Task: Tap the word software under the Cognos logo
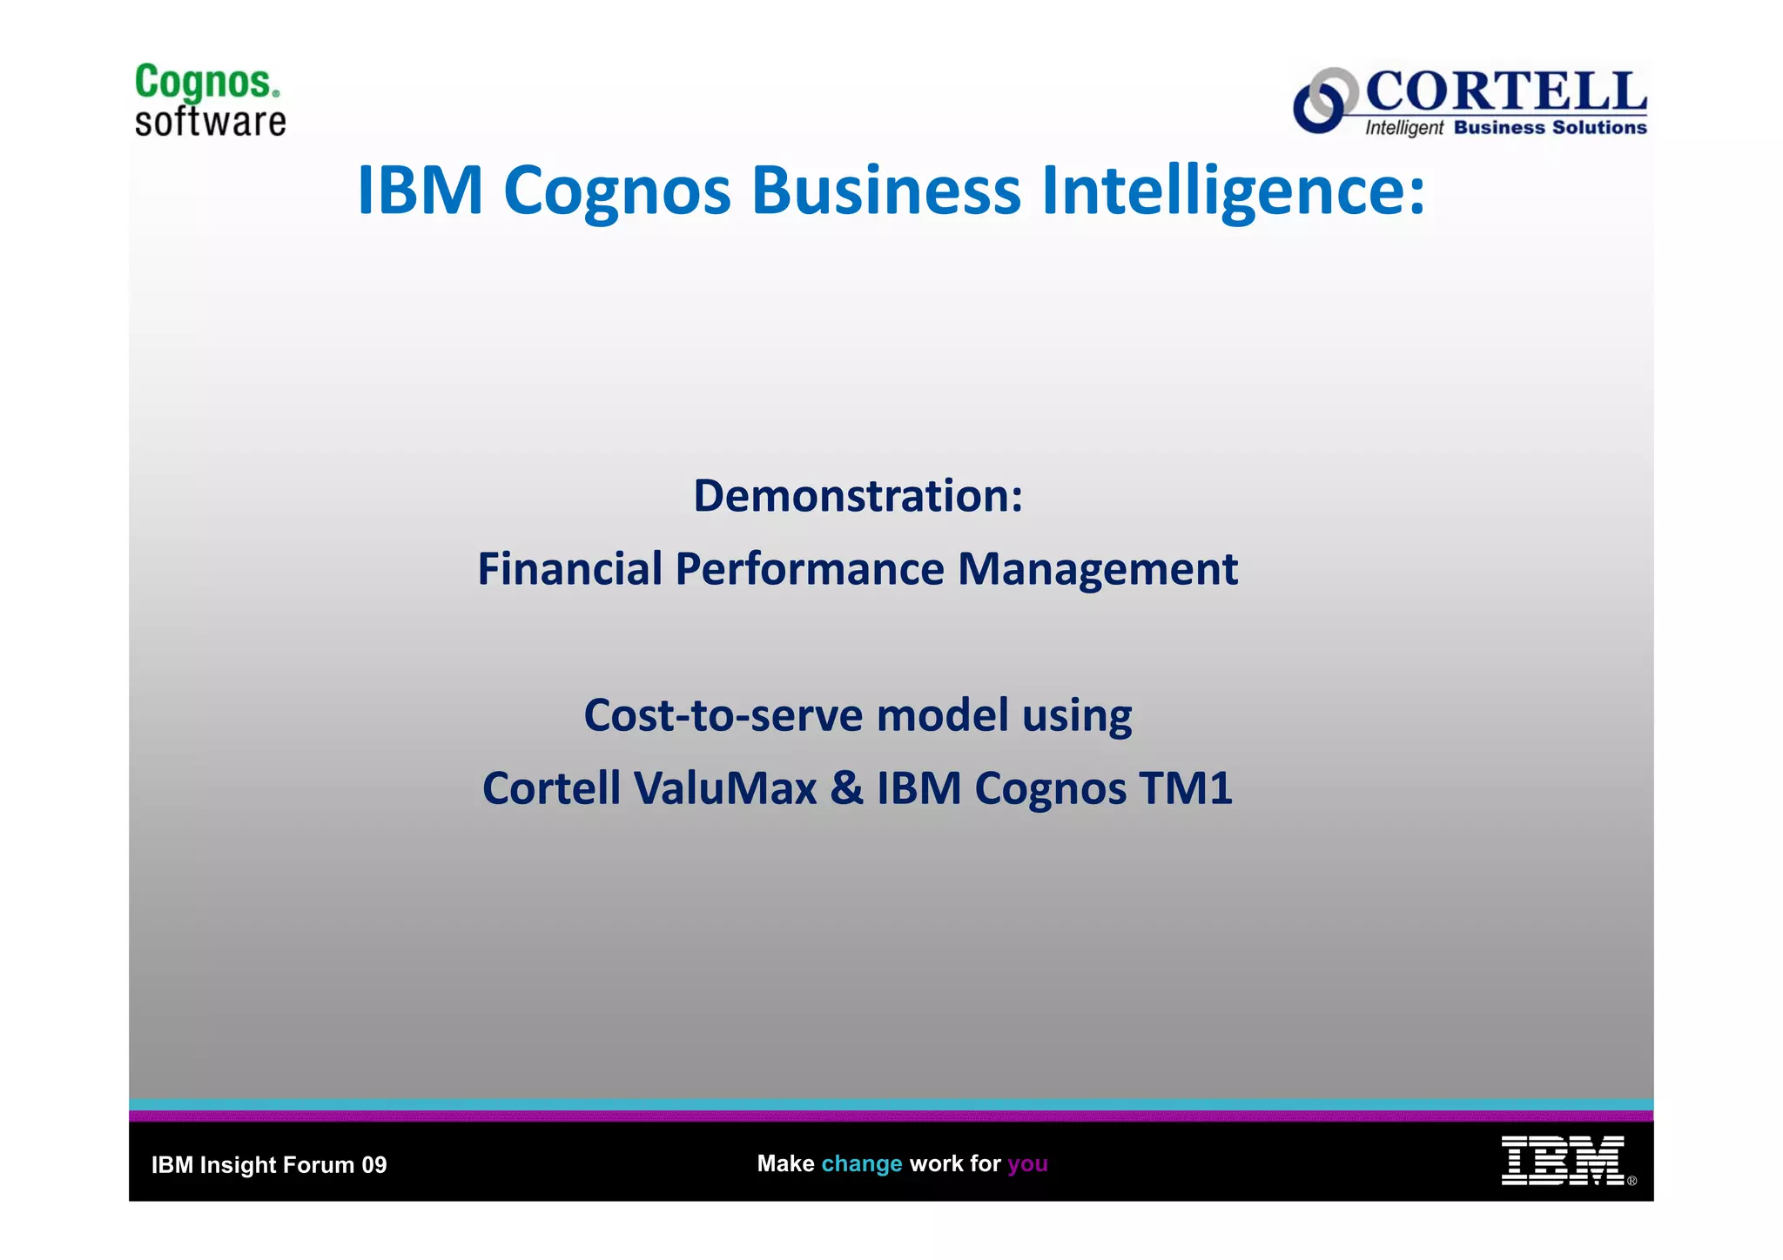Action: click(210, 122)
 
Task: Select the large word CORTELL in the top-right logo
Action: click(1506, 91)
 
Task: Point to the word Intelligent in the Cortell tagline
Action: click(1403, 128)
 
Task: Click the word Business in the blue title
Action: click(885, 191)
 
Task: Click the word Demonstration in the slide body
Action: click(851, 496)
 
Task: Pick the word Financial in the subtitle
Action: click(569, 569)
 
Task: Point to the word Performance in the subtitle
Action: click(809, 569)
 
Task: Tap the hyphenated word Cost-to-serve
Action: click(723, 715)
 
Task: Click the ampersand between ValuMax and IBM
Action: click(846, 788)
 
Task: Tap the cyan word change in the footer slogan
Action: click(861, 1163)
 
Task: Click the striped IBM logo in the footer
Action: click(1562, 1161)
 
